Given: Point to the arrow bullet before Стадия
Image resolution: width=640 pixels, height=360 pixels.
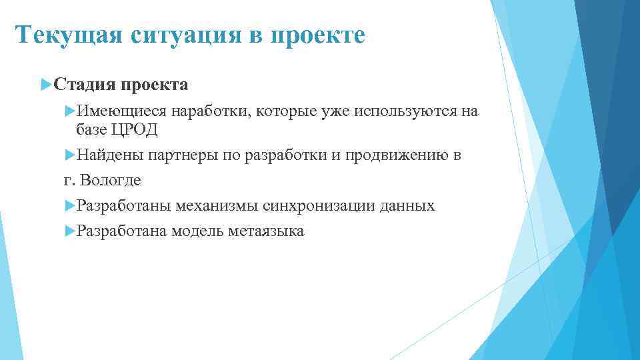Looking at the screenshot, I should [x=45, y=85].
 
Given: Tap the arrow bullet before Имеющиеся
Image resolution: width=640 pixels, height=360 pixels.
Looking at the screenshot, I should [x=70, y=111].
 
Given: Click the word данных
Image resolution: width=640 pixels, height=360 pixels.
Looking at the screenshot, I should [x=407, y=206].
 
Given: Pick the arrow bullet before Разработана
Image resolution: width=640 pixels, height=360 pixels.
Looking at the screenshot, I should [x=70, y=231].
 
